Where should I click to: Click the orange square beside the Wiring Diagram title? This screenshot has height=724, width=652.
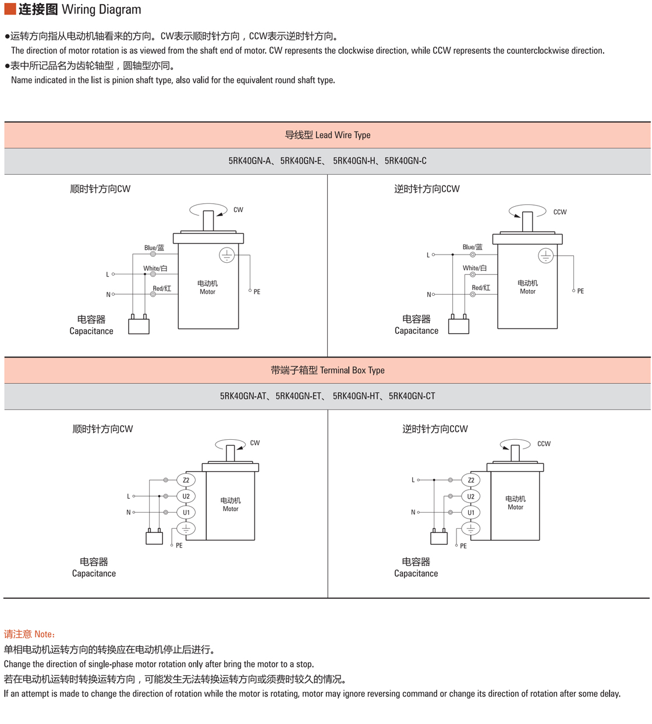(10, 9)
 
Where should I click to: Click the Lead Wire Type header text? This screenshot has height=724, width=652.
(327, 135)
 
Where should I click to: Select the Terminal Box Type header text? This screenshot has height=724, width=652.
(327, 370)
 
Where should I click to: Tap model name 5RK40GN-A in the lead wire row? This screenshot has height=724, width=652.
(250, 161)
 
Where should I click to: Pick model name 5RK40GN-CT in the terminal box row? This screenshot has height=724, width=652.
(412, 396)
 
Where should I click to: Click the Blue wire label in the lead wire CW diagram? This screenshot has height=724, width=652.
(154, 248)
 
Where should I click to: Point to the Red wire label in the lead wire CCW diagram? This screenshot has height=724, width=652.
(481, 288)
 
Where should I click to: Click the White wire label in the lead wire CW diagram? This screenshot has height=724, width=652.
(155, 269)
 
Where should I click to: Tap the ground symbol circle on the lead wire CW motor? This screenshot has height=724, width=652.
(226, 255)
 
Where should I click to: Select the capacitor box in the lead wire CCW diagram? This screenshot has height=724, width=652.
(459, 326)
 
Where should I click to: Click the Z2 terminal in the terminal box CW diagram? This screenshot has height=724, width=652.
(186, 481)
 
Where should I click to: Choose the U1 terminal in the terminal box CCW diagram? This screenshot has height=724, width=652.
(471, 513)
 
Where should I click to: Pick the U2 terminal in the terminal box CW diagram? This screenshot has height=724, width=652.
(186, 496)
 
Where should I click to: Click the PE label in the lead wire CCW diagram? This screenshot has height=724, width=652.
(580, 291)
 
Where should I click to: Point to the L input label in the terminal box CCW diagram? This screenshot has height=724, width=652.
(413, 480)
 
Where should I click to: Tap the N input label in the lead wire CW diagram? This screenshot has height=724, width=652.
(108, 295)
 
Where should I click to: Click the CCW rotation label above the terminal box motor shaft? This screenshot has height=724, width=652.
(544, 444)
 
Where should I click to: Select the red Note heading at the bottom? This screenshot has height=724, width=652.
(30, 634)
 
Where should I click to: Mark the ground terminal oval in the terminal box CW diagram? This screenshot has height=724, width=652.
(186, 529)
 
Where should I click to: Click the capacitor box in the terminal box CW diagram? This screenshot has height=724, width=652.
(154, 538)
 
